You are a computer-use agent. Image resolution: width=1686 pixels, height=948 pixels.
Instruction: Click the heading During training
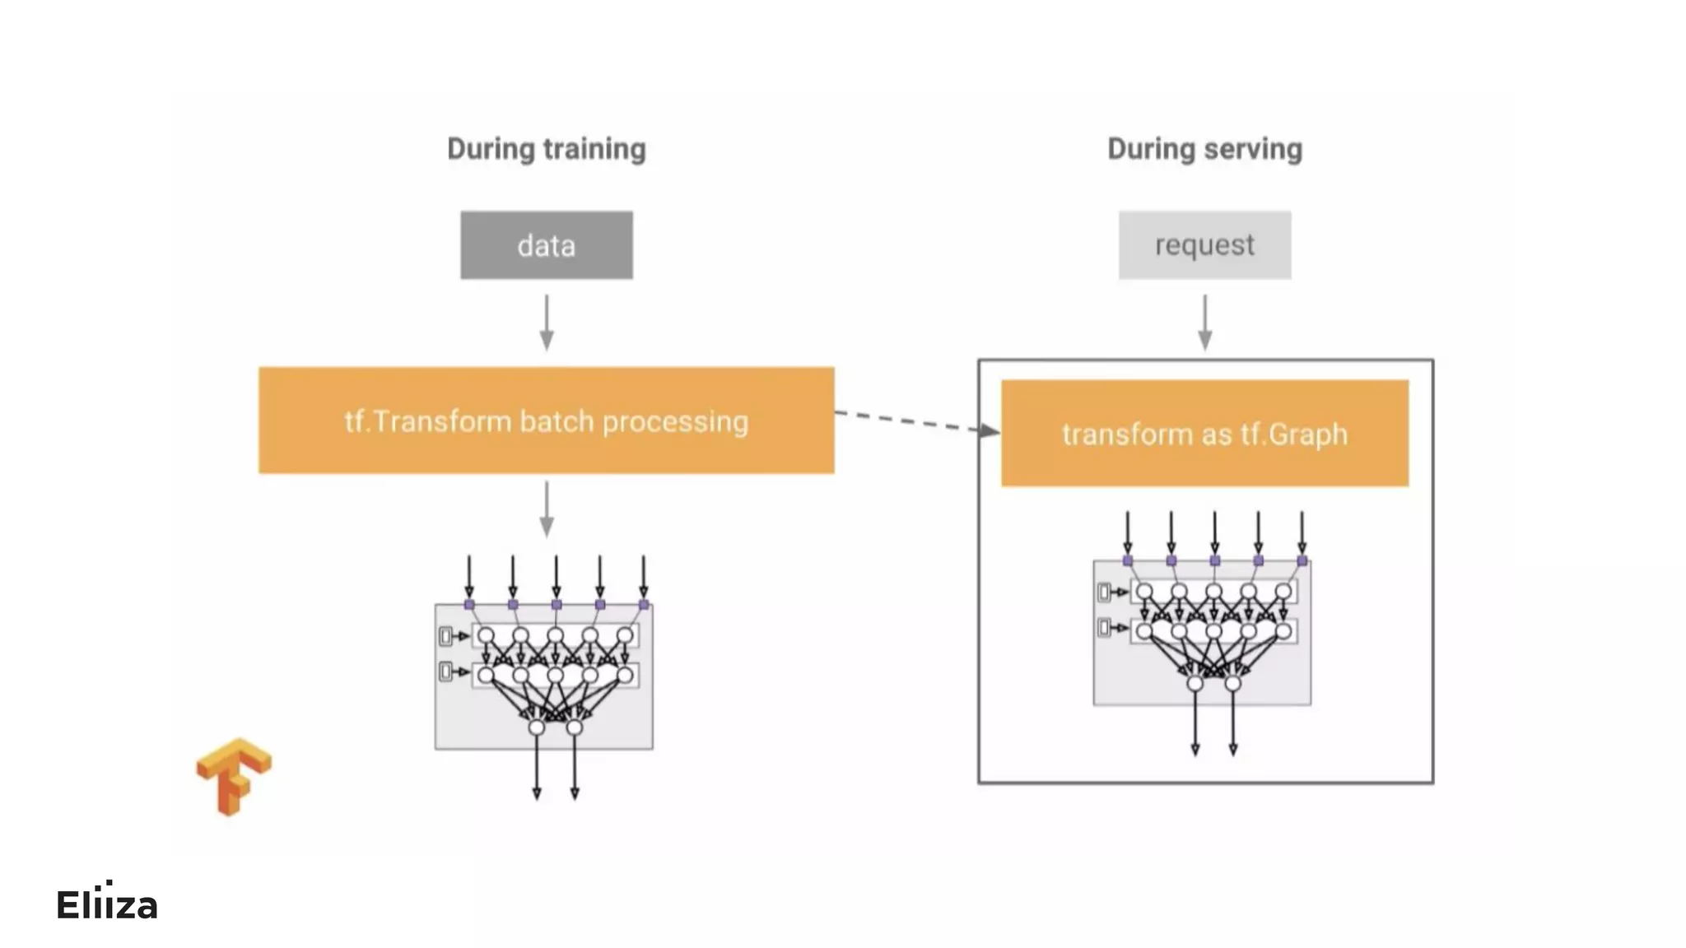546,149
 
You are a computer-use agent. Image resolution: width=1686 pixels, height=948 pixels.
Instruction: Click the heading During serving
1204,149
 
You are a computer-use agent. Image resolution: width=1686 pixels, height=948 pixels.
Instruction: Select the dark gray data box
547,245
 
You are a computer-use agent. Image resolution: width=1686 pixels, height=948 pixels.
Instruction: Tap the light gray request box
1204,245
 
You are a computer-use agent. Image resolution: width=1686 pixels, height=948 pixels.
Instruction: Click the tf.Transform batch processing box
546,421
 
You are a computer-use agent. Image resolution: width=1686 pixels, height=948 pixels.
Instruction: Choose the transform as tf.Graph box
1204,434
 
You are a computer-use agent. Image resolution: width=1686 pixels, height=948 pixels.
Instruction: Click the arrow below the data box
547,323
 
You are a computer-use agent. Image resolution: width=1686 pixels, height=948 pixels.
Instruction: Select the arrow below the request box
1204,323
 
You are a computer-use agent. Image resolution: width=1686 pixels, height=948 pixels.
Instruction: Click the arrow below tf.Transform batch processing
547,509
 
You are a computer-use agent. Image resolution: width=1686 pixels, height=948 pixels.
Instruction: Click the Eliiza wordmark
107,904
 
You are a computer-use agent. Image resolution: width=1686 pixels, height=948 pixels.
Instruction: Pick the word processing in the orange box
675,422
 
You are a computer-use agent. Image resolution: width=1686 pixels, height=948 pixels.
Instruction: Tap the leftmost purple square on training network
469,605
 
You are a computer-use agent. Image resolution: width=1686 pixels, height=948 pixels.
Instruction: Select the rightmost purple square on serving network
1302,560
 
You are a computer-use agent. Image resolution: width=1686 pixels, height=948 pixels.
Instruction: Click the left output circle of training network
537,727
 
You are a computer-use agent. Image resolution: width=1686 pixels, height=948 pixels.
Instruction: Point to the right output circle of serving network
1232,683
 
